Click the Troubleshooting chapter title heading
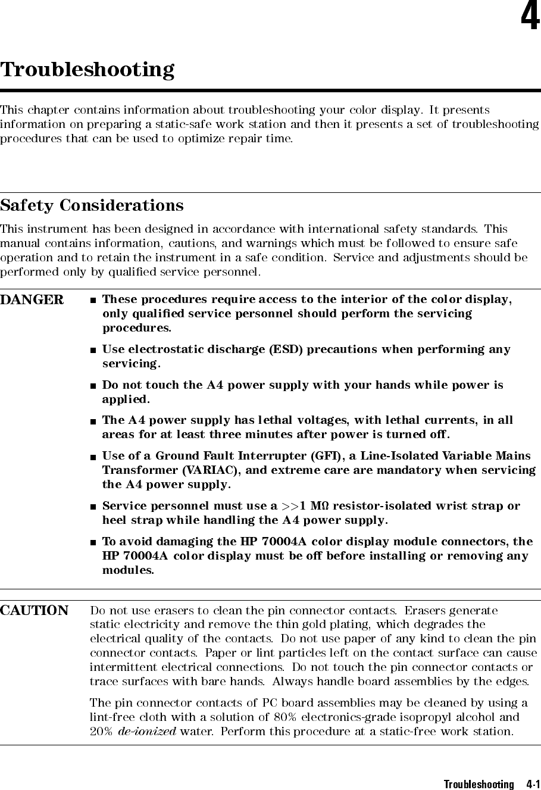[x=87, y=70]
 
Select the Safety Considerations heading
[x=92, y=205]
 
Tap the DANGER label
[x=32, y=300]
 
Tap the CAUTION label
[x=34, y=611]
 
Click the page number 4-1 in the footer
[x=533, y=784]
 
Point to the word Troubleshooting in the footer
[x=479, y=784]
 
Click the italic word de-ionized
[x=146, y=732]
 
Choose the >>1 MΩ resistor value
[x=306, y=507]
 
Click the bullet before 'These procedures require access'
[x=93, y=299]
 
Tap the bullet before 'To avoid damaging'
[x=93, y=542]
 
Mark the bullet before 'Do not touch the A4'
[x=93, y=386]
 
